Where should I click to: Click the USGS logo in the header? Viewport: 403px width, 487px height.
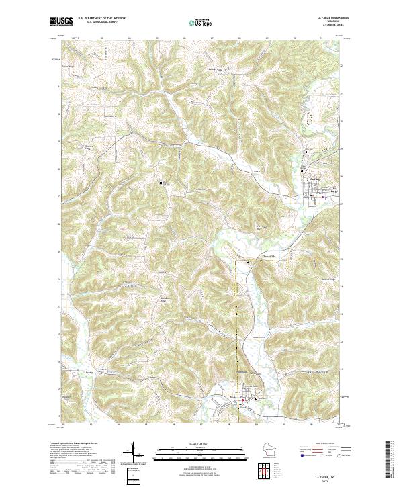pyautogui.click(x=61, y=21)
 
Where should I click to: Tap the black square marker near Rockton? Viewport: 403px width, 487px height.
pyautogui.click(x=161, y=182)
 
